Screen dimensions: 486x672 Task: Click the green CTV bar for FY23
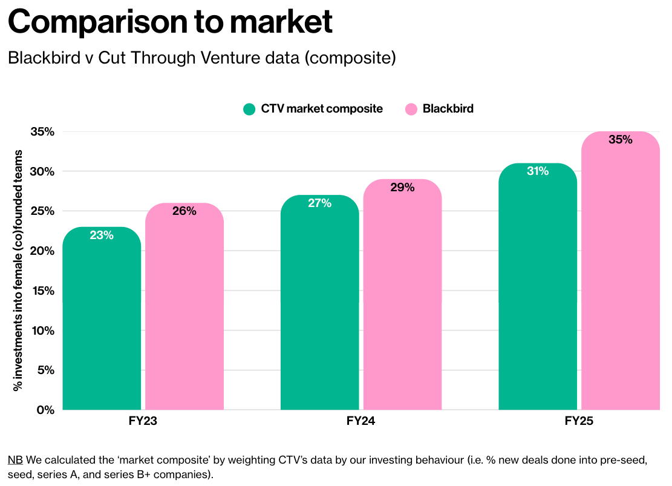pyautogui.click(x=102, y=321)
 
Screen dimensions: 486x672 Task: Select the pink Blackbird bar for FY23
pyautogui.click(x=184, y=309)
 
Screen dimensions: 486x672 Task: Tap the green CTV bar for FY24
pyautogui.click(x=320, y=303)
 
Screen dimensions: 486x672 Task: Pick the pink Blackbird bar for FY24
pyautogui.click(x=402, y=297)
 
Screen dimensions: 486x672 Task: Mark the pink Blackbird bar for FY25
pyautogui.click(x=621, y=272)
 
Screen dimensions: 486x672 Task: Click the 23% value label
pyautogui.click(x=102, y=235)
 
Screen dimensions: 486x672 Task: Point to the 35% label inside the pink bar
pyautogui.click(x=621, y=140)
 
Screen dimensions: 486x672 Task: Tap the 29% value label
pyautogui.click(x=402, y=188)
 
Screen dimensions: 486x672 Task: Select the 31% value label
pyautogui.click(x=538, y=171)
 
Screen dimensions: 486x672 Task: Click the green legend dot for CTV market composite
pyautogui.click(x=249, y=109)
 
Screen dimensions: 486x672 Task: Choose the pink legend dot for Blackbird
pyautogui.click(x=411, y=109)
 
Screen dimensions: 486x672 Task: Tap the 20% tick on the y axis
pyautogui.click(x=42, y=251)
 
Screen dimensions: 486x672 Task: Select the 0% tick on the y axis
pyautogui.click(x=46, y=410)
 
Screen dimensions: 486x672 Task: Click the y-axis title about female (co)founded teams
pyautogui.click(x=19, y=270)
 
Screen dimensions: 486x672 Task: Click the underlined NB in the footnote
pyautogui.click(x=15, y=459)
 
